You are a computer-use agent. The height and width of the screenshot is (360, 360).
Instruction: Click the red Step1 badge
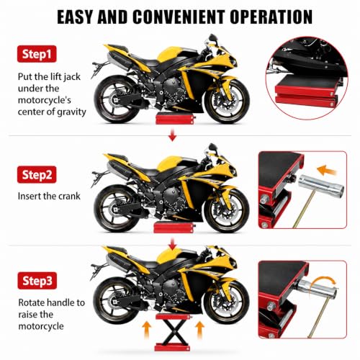37,54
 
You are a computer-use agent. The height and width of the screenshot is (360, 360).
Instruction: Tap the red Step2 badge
37,174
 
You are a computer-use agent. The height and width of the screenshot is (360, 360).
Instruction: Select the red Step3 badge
37,281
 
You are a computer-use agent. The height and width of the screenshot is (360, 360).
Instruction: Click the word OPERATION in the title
271,17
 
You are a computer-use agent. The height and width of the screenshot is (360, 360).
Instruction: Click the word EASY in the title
75,17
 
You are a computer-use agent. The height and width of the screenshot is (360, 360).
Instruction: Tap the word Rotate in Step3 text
32,302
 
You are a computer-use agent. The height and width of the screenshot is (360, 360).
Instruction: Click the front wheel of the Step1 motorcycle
227,102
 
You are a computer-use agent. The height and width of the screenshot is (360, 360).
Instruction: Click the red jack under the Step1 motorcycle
175,120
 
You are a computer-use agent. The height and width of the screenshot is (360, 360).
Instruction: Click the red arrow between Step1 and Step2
172,135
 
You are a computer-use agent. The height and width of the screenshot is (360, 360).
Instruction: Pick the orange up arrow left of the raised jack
147,330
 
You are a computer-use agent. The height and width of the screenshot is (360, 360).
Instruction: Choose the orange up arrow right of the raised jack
200,330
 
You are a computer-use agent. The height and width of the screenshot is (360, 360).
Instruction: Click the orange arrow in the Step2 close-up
326,170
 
